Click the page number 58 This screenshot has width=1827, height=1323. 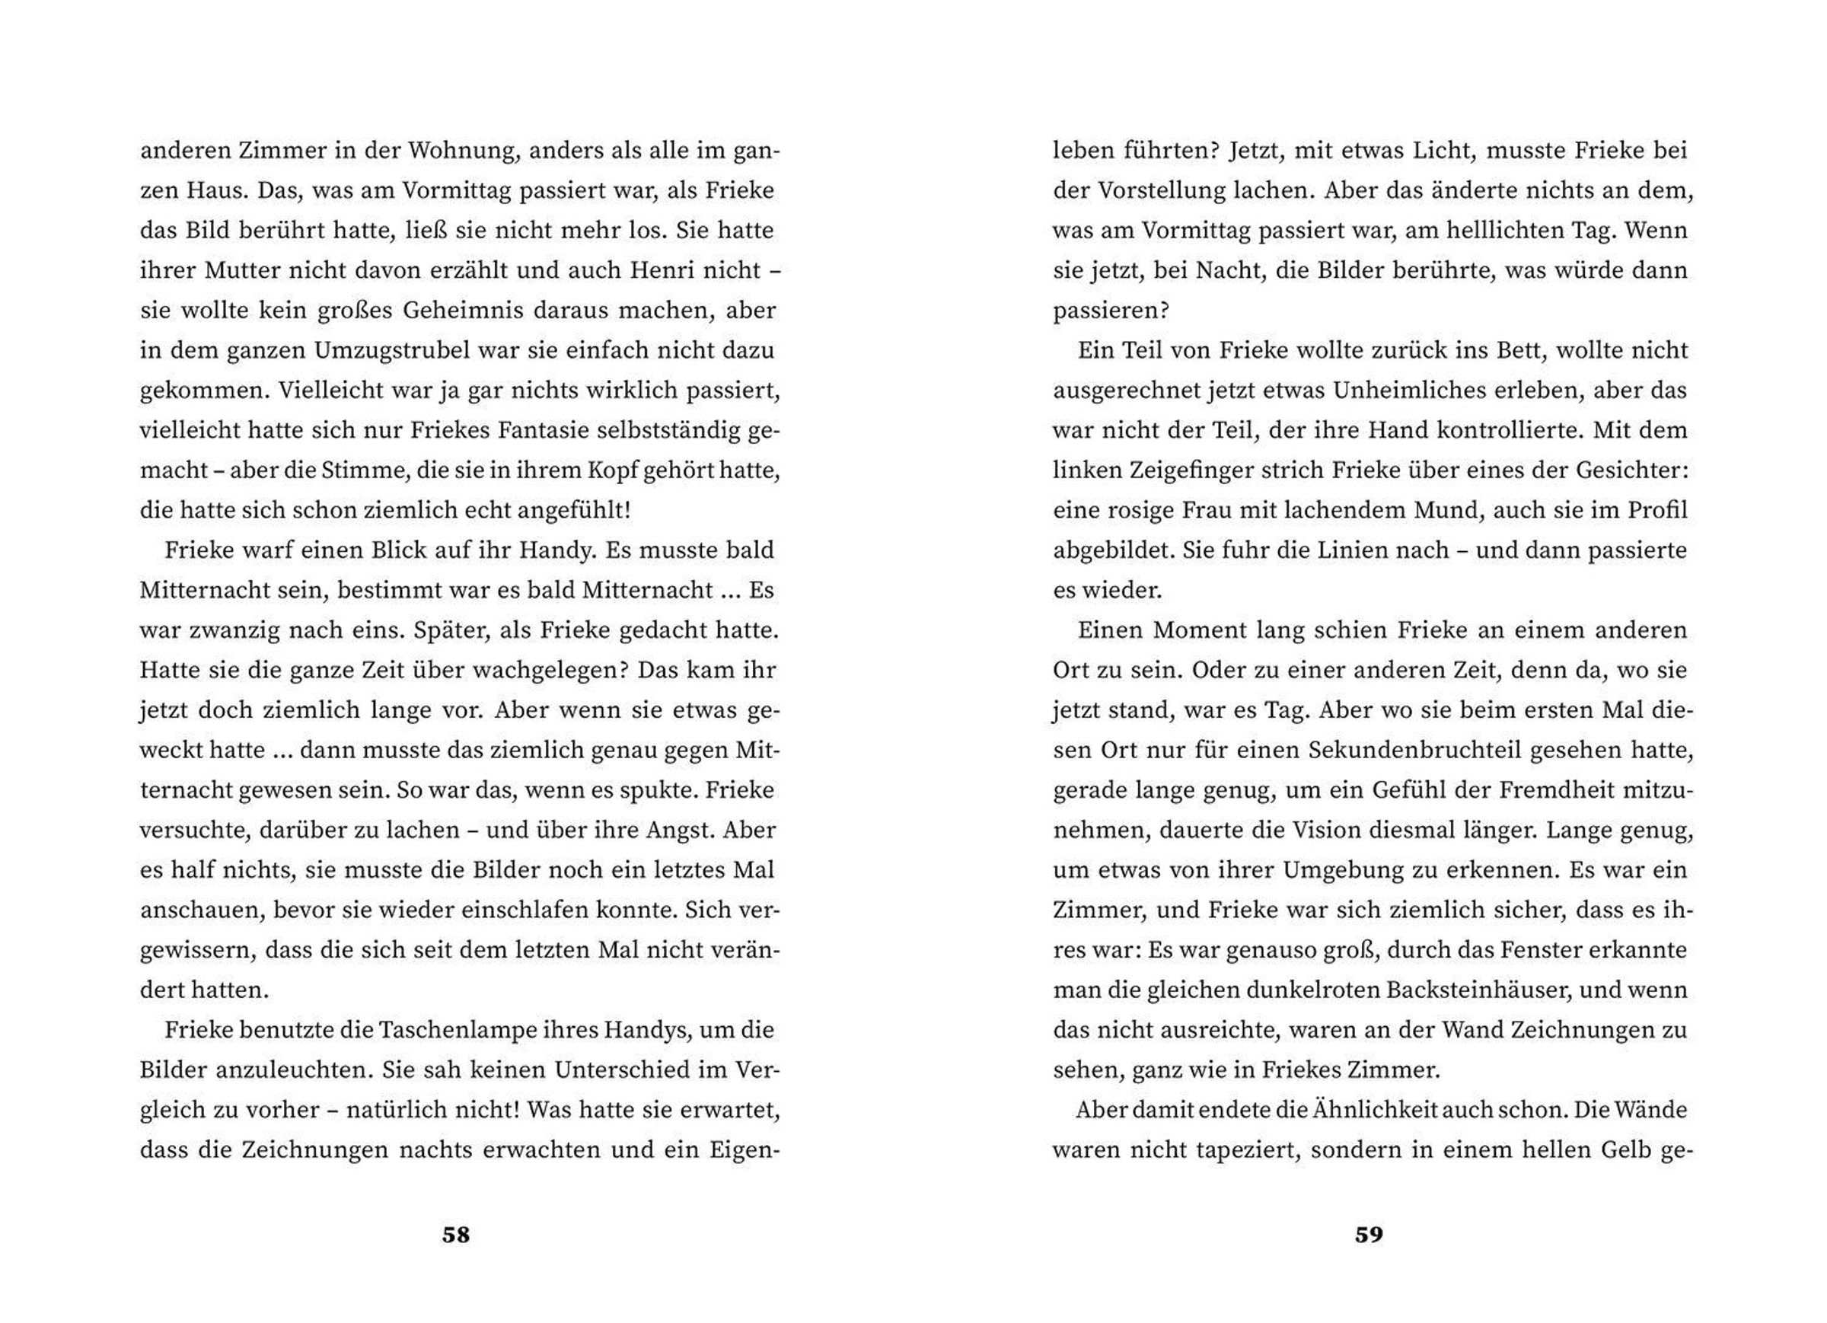point(455,1235)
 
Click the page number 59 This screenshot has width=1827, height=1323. point(1369,1235)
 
